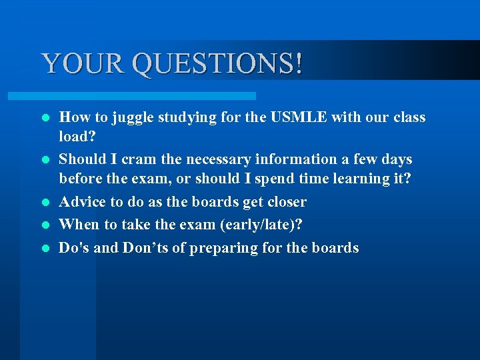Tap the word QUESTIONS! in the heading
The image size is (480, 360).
217,64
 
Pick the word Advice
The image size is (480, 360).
82,202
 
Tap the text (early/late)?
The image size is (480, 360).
260,225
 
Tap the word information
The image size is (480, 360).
296,160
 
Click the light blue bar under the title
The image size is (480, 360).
147,96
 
